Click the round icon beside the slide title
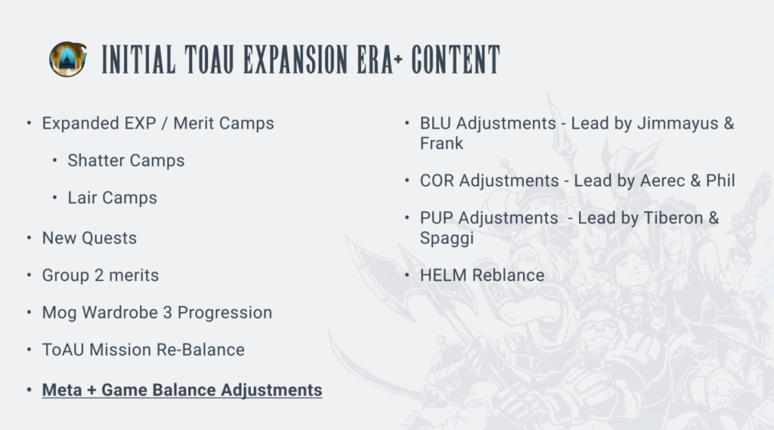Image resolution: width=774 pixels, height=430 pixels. point(67,59)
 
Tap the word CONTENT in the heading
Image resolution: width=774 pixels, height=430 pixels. point(456,60)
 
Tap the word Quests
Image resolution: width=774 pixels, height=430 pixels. point(109,238)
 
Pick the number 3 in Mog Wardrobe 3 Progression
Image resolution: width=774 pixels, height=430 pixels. point(167,313)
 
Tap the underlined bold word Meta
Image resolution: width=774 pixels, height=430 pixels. point(62,389)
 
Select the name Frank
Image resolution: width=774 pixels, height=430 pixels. point(441,143)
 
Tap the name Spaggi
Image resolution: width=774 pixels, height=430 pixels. point(447,238)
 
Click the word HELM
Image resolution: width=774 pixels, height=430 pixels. point(443,275)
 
